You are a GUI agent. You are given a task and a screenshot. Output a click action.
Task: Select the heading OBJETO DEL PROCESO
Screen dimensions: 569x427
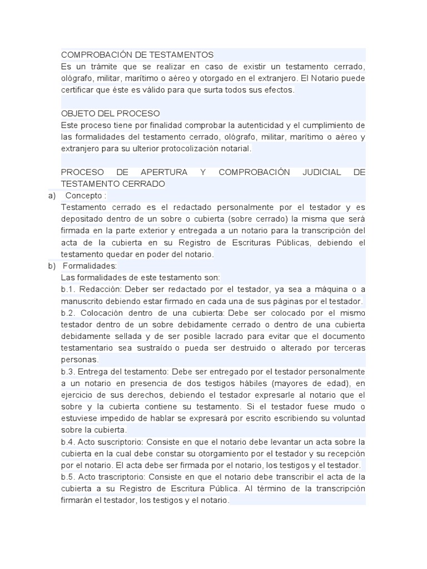110,113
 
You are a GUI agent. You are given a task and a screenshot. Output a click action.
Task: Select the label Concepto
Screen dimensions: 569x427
85,196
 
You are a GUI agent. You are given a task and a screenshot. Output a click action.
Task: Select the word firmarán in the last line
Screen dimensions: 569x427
78,500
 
